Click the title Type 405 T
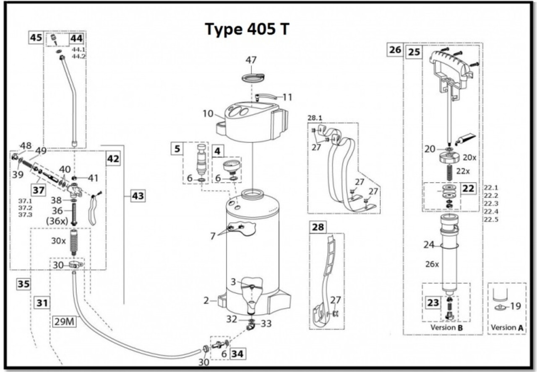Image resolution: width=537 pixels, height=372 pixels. (247, 29)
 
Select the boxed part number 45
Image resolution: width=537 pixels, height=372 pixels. (36, 38)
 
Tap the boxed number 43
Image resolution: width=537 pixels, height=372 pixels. (138, 196)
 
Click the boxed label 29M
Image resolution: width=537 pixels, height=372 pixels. (64, 321)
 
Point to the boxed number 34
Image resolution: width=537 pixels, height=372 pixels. (237, 354)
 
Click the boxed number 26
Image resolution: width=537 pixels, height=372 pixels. (395, 50)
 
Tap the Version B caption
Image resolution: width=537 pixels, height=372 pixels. (446, 327)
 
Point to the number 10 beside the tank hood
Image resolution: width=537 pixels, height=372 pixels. (208, 114)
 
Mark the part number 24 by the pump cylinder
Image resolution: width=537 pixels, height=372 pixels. (429, 245)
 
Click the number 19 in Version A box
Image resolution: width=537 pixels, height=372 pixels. (515, 306)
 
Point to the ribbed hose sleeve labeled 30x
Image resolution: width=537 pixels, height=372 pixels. (74, 242)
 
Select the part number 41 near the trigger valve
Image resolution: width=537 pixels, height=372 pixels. (93, 178)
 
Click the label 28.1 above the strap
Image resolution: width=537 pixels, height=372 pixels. (315, 118)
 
